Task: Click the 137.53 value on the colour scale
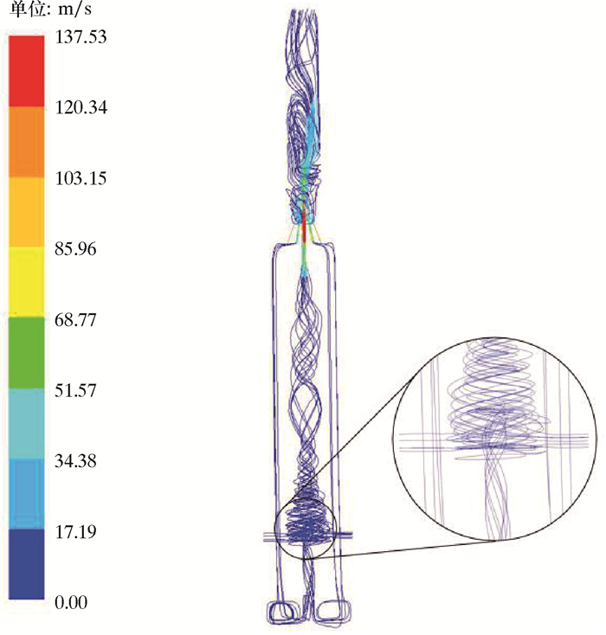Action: (x=81, y=37)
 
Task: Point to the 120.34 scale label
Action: (x=81, y=108)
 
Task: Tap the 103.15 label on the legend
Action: (x=81, y=178)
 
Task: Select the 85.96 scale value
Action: (x=75, y=248)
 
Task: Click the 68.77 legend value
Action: (x=75, y=319)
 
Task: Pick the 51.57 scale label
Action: (x=75, y=390)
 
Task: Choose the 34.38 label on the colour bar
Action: (x=75, y=461)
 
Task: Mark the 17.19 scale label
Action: (x=75, y=532)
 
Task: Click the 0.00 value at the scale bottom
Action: (x=71, y=603)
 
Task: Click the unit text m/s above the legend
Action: (x=75, y=10)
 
